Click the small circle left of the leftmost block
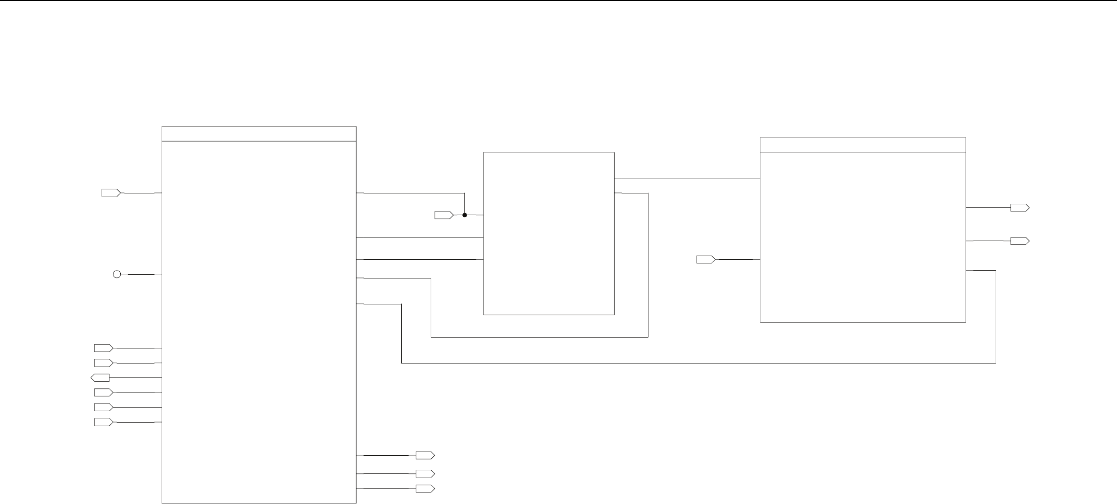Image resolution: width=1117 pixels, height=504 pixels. coord(117,274)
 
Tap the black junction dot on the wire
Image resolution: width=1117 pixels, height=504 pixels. coord(465,215)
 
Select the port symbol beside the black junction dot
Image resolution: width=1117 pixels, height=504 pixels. coord(444,215)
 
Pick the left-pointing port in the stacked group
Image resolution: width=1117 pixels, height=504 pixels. coord(100,377)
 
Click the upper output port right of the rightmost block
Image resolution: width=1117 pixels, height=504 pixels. coord(1020,208)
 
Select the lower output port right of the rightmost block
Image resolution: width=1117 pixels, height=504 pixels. coord(1020,241)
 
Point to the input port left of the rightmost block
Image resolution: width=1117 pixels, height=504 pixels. coord(705,259)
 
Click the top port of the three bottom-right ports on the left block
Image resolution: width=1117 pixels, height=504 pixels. coord(425,455)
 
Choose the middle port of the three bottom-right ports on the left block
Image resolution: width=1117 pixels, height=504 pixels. coord(425,474)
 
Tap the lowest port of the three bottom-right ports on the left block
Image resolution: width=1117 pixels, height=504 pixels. coord(425,488)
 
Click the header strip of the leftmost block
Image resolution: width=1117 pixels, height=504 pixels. coord(259,134)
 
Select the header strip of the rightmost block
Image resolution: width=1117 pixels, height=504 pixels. coord(863,145)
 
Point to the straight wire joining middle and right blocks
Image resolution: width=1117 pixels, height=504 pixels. coord(687,178)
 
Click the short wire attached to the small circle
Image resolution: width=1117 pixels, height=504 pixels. coord(141,274)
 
